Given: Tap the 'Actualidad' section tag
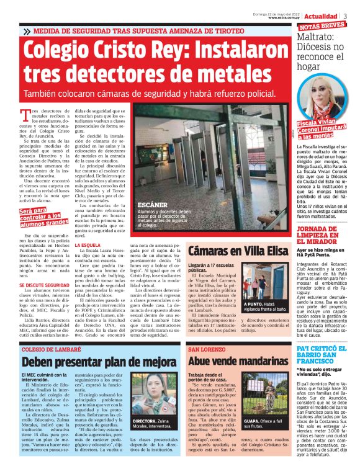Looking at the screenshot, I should click(325, 16).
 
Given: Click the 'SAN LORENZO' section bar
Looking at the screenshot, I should click(204, 350).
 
